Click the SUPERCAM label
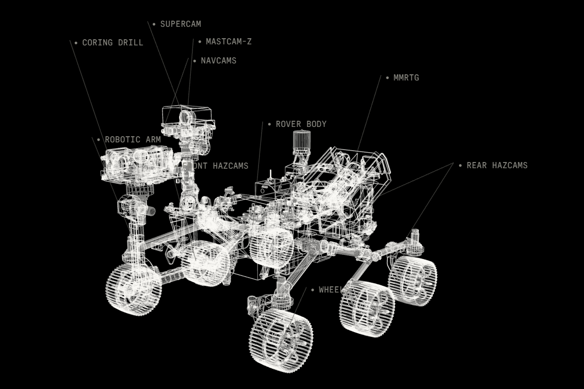[181, 24]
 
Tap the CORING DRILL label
[112, 43]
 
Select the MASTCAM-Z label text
[229, 42]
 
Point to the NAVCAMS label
[218, 61]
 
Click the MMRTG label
[406, 78]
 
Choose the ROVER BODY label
[301, 124]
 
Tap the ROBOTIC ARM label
[133, 140]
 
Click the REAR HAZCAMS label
[497, 166]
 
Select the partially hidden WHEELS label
[329, 290]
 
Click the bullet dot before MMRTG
[387, 78]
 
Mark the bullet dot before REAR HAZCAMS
[460, 166]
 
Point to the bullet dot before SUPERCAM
[154, 24]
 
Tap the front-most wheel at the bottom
[281, 339]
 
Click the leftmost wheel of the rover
[134, 289]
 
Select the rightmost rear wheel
[412, 281]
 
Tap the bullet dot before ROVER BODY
[269, 124]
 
